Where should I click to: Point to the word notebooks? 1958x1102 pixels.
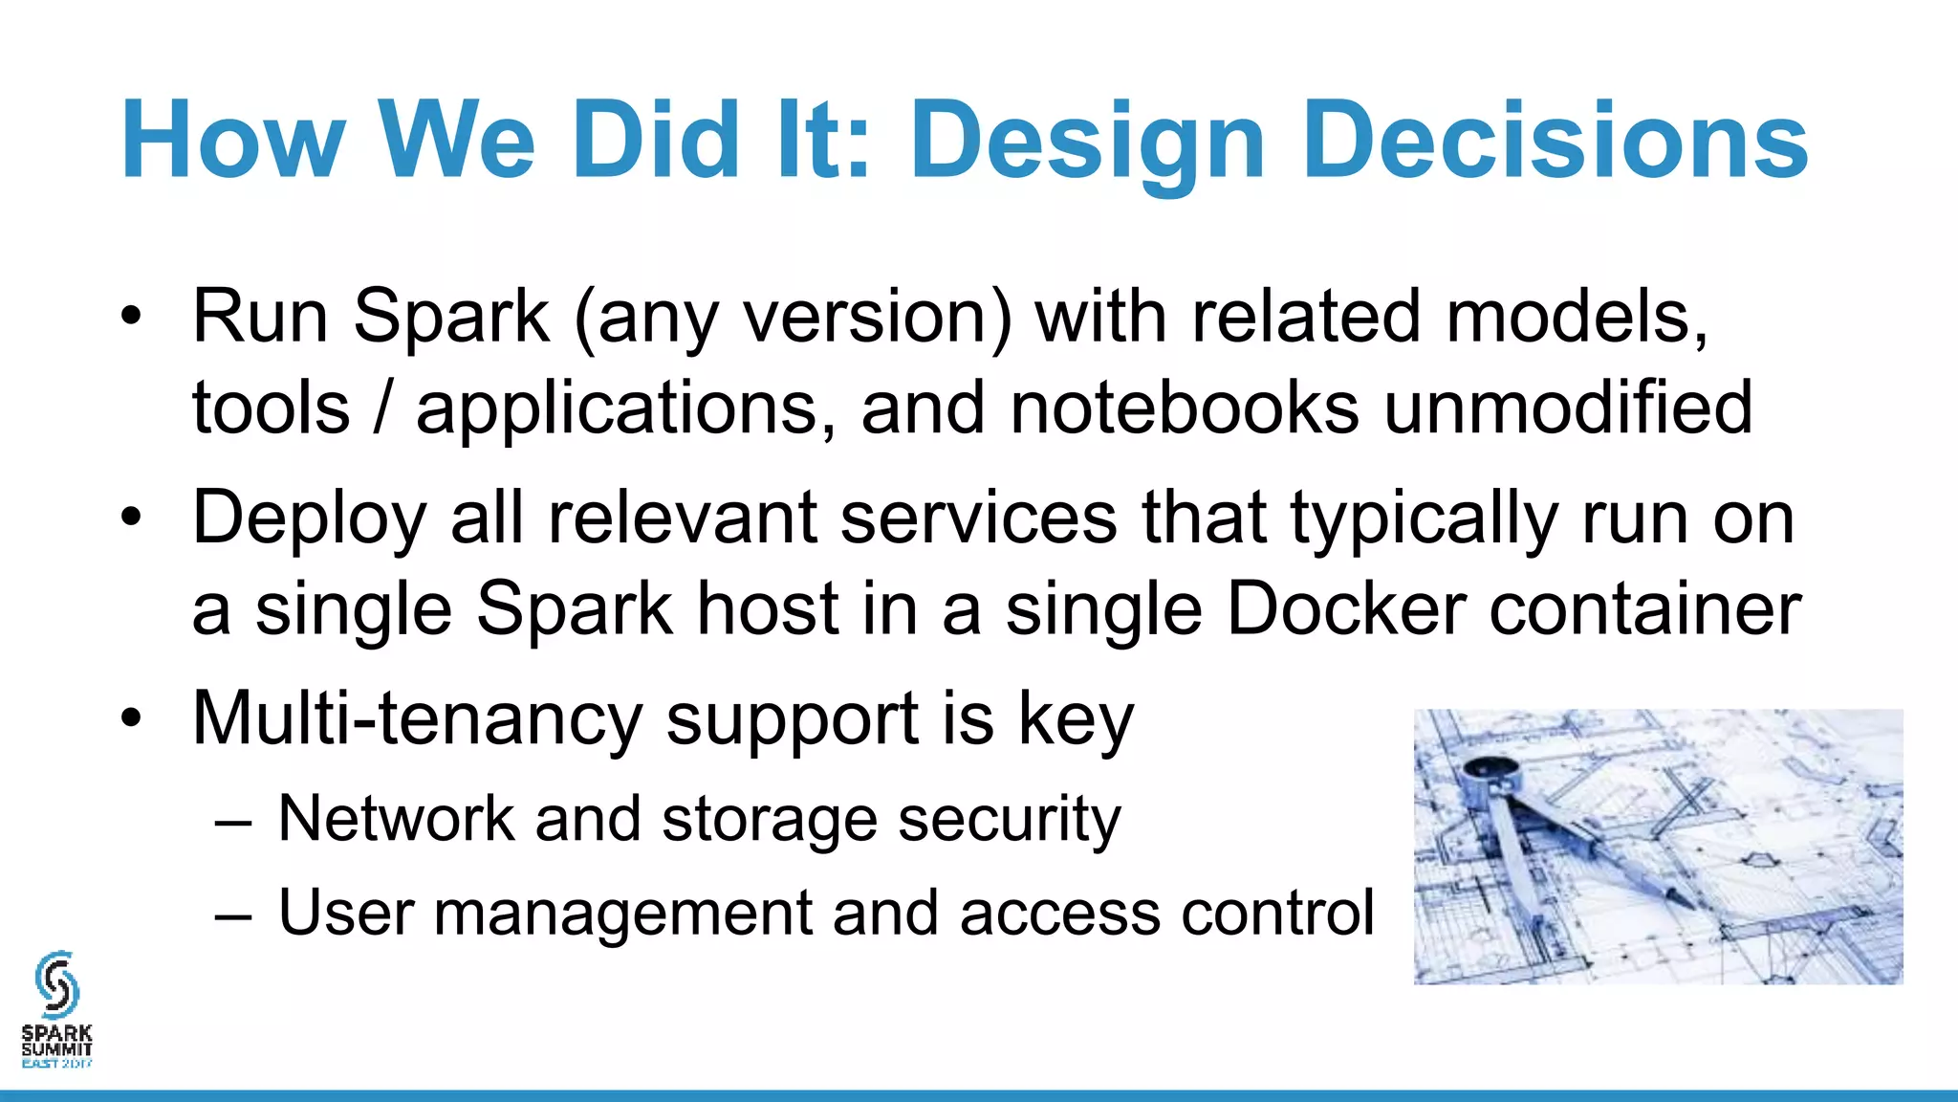coord(1184,408)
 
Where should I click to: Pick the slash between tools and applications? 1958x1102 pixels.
coord(382,408)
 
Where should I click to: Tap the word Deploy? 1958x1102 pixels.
coord(309,518)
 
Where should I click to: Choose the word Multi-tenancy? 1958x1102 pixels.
coord(418,718)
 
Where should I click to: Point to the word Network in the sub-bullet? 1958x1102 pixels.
coord(396,819)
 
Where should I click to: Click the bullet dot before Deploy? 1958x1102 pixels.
coord(131,518)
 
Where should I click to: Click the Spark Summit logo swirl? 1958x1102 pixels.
coord(56,984)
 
